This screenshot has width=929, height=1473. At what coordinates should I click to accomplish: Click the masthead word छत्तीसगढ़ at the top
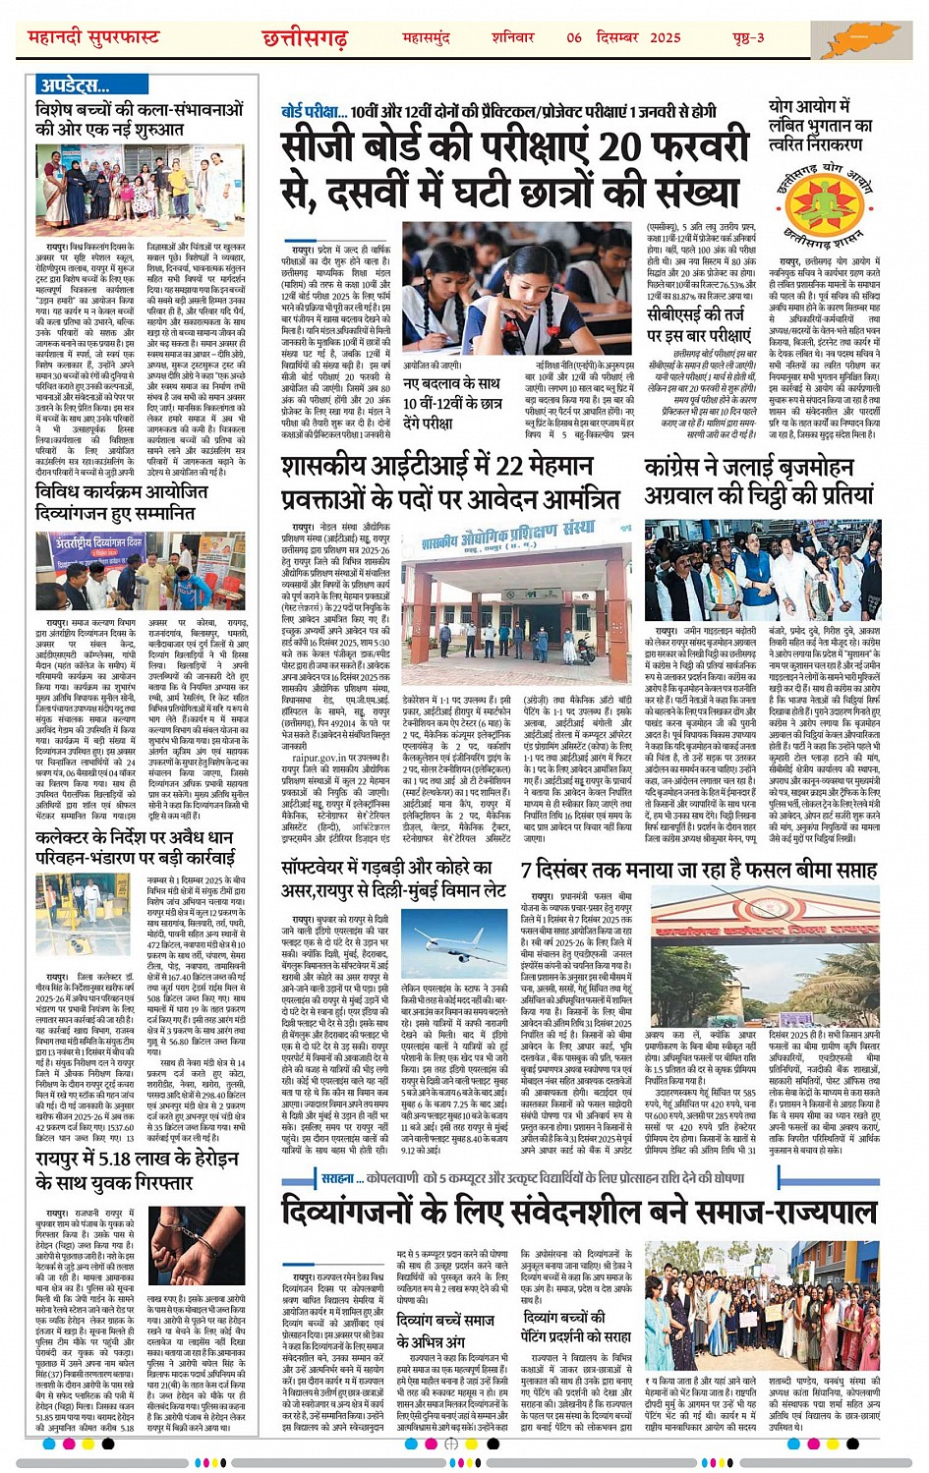coord(305,37)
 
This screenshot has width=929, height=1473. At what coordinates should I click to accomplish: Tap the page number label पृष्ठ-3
coord(748,37)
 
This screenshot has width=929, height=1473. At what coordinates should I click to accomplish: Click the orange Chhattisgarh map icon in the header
coord(867,38)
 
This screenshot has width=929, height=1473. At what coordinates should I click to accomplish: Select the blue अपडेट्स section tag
coord(74,85)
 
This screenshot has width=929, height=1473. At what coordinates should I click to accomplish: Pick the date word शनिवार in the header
coord(513,37)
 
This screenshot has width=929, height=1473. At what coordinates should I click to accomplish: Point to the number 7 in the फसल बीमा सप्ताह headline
coord(528,869)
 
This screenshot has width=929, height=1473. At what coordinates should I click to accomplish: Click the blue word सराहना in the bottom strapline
coord(336,1178)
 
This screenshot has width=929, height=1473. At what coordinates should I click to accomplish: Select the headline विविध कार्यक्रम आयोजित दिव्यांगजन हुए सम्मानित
coord(121,501)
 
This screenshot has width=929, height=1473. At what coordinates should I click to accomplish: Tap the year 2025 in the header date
coord(665,37)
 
